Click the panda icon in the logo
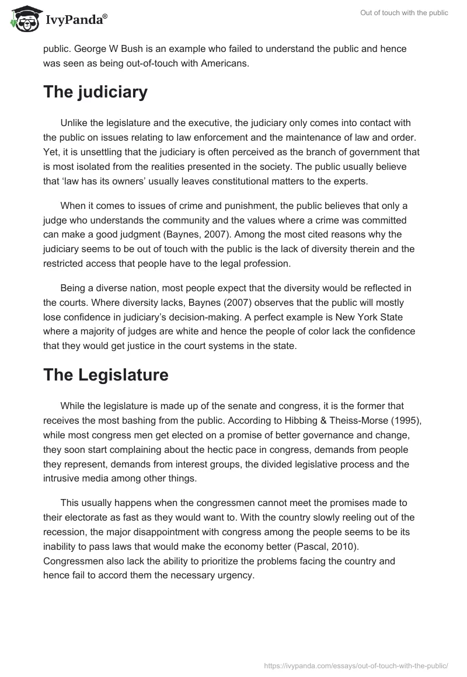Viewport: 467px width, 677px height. point(22,20)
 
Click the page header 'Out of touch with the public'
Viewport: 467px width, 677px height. point(404,13)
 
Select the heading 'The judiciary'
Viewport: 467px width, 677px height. point(95,92)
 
